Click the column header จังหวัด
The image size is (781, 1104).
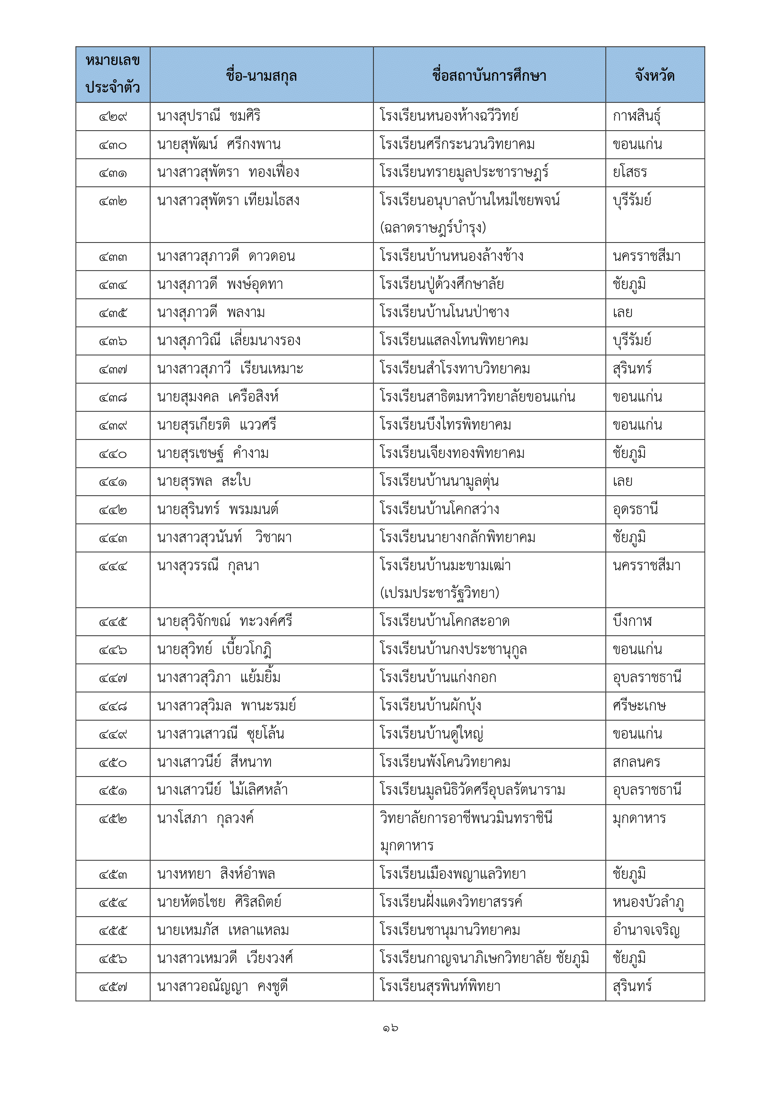654,76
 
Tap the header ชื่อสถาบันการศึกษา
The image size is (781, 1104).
489,76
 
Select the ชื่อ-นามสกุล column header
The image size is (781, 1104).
261,76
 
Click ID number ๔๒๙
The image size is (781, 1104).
113,117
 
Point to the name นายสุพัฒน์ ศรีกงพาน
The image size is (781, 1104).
219,144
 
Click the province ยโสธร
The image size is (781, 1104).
629,172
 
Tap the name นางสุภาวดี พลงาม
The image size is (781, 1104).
211,312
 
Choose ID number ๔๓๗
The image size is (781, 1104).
113,370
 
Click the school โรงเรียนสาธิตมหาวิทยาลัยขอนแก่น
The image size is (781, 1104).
477,396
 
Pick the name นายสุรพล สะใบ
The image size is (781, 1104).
204,481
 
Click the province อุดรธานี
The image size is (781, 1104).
635,509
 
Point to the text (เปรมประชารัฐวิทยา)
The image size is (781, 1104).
440,593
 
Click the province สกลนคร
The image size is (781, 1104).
636,762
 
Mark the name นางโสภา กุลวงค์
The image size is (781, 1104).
205,818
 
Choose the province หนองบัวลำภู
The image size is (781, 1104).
648,902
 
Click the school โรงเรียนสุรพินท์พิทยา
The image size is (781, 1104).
440,986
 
